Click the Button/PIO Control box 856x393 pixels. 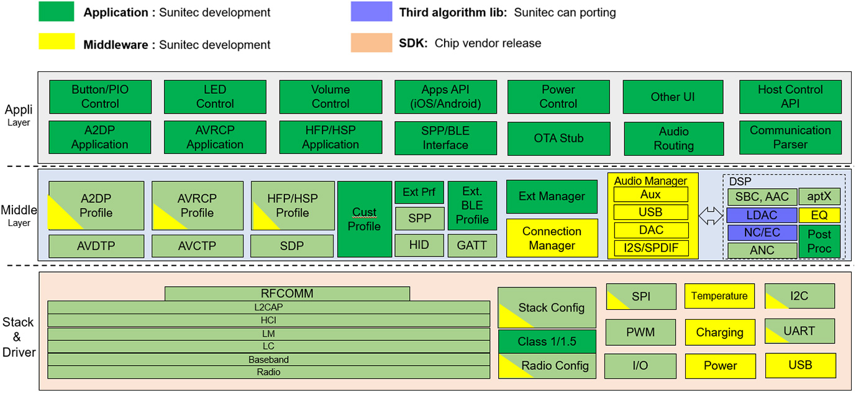tap(100, 96)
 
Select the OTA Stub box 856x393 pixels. tap(558, 138)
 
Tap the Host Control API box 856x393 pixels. tap(790, 96)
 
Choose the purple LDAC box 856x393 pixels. tap(762, 215)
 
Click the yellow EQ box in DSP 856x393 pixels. tap(819, 215)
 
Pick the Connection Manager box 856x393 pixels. tap(552, 238)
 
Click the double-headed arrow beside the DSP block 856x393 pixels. tap(711, 216)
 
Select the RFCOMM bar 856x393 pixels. tap(287, 293)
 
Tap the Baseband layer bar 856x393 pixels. tap(268, 359)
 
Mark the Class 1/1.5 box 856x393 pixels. tap(547, 341)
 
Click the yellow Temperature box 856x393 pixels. tap(720, 296)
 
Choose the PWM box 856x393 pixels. tap(640, 332)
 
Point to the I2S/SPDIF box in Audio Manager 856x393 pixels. tap(651, 248)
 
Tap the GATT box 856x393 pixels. tap(472, 245)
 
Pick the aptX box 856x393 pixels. tap(819, 197)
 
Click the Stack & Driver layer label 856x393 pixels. tap(17, 337)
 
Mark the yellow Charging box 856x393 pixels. tap(720, 332)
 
